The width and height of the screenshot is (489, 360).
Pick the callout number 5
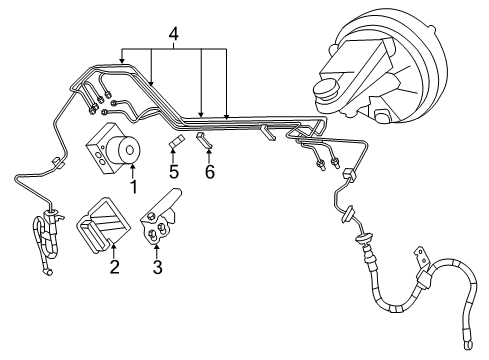click(x=173, y=172)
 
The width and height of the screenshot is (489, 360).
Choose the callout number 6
click(x=209, y=172)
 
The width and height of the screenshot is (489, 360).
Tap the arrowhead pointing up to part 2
click(x=113, y=249)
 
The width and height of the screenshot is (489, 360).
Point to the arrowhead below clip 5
click(x=173, y=156)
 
